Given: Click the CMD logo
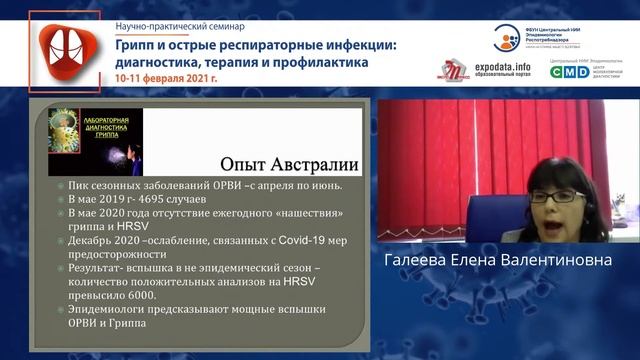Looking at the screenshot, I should (x=569, y=71).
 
